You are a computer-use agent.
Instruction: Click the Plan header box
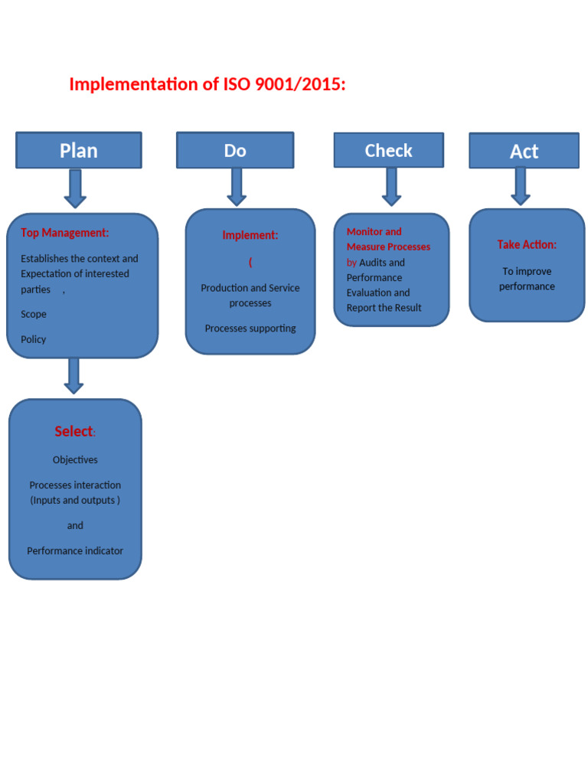(79, 150)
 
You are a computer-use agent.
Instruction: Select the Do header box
(235, 150)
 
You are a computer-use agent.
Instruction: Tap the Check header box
(388, 150)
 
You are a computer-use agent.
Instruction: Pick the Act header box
(524, 151)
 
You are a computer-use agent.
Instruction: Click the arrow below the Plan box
(75, 188)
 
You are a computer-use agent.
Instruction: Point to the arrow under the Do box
(237, 187)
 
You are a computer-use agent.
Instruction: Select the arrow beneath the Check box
(391, 187)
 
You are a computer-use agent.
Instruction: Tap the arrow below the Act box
(521, 186)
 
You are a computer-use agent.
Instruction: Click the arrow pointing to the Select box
(73, 376)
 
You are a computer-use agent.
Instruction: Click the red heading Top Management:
(64, 233)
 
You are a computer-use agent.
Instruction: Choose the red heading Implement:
(250, 235)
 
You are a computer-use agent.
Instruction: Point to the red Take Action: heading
(527, 244)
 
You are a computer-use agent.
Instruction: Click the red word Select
(73, 431)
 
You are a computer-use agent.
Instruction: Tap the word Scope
(34, 314)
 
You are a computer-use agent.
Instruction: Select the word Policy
(34, 339)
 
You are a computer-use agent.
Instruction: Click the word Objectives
(75, 459)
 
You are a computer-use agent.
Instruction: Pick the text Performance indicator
(75, 550)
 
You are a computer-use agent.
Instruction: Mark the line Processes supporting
(250, 328)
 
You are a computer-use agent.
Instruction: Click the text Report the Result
(384, 308)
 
